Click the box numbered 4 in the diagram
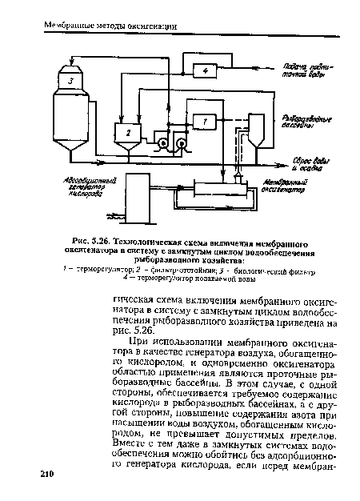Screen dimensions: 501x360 tap(206, 71)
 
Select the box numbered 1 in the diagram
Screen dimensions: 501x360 tap(205, 120)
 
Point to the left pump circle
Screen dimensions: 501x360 tap(164, 145)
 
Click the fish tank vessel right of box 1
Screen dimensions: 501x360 tap(258, 128)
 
